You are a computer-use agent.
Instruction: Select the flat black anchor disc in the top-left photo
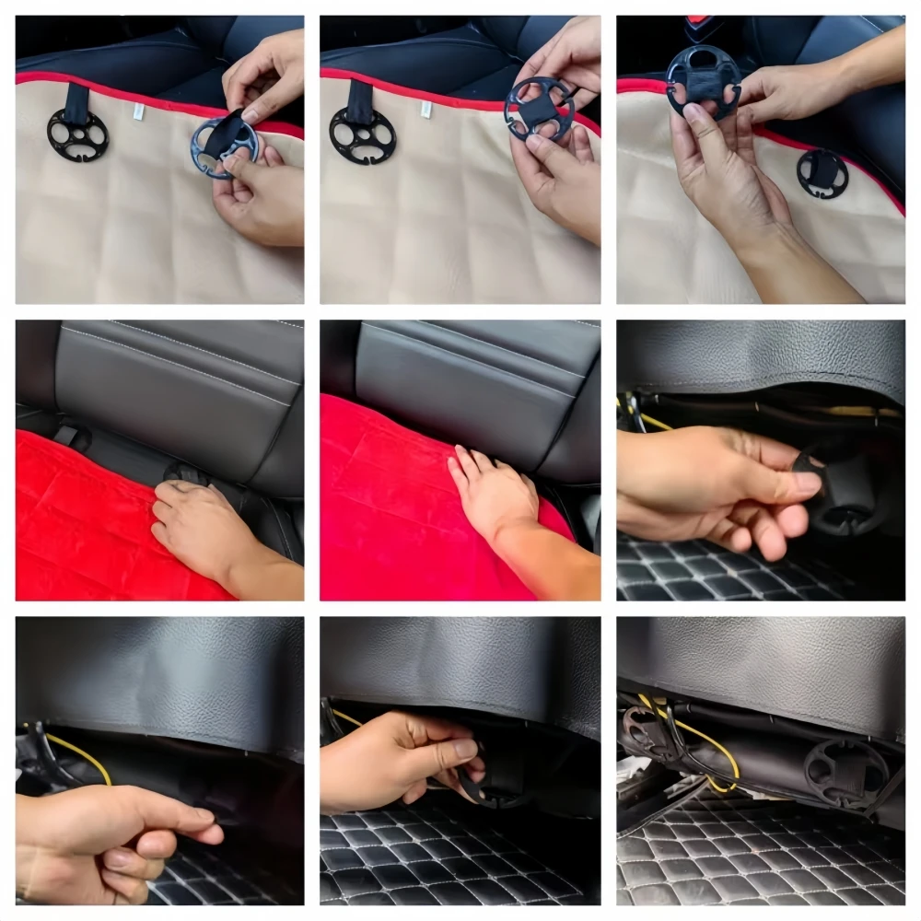pyautogui.click(x=77, y=135)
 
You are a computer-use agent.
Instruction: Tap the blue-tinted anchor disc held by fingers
pyautogui.click(x=224, y=146)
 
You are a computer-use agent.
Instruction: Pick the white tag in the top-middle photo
pyautogui.click(x=426, y=109)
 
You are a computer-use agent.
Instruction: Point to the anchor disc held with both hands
pyautogui.click(x=539, y=110)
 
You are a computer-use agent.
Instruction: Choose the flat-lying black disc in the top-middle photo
pyautogui.click(x=362, y=135)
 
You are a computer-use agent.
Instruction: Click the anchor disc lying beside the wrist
pyautogui.click(x=822, y=173)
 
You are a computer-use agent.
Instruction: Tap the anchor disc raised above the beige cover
pyautogui.click(x=704, y=81)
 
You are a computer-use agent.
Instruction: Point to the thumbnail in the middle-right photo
pyautogui.click(x=808, y=482)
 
